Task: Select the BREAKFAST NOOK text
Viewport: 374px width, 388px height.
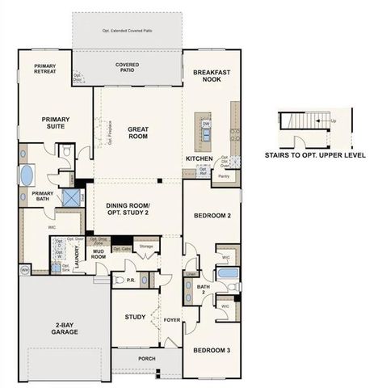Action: tap(211, 76)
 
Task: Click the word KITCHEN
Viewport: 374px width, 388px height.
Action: tap(199, 158)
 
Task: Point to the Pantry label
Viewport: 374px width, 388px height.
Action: tap(225, 175)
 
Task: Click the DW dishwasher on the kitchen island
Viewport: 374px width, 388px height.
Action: tap(207, 124)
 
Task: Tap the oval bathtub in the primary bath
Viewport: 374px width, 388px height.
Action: tap(27, 175)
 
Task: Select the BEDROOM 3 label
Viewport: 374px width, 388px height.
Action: tap(212, 350)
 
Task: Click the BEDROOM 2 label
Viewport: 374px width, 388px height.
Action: tap(212, 216)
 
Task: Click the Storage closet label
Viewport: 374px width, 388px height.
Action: tap(145, 247)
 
